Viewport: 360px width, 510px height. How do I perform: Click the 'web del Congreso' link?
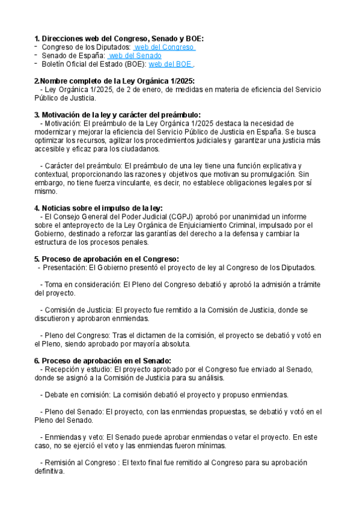164,47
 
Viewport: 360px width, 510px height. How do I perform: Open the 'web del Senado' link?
136,55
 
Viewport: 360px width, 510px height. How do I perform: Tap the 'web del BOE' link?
170,64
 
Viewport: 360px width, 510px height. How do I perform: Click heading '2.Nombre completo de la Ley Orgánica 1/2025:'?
115,81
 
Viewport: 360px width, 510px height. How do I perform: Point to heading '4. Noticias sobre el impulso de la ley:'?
99,208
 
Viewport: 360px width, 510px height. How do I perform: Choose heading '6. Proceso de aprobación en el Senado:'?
103,360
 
